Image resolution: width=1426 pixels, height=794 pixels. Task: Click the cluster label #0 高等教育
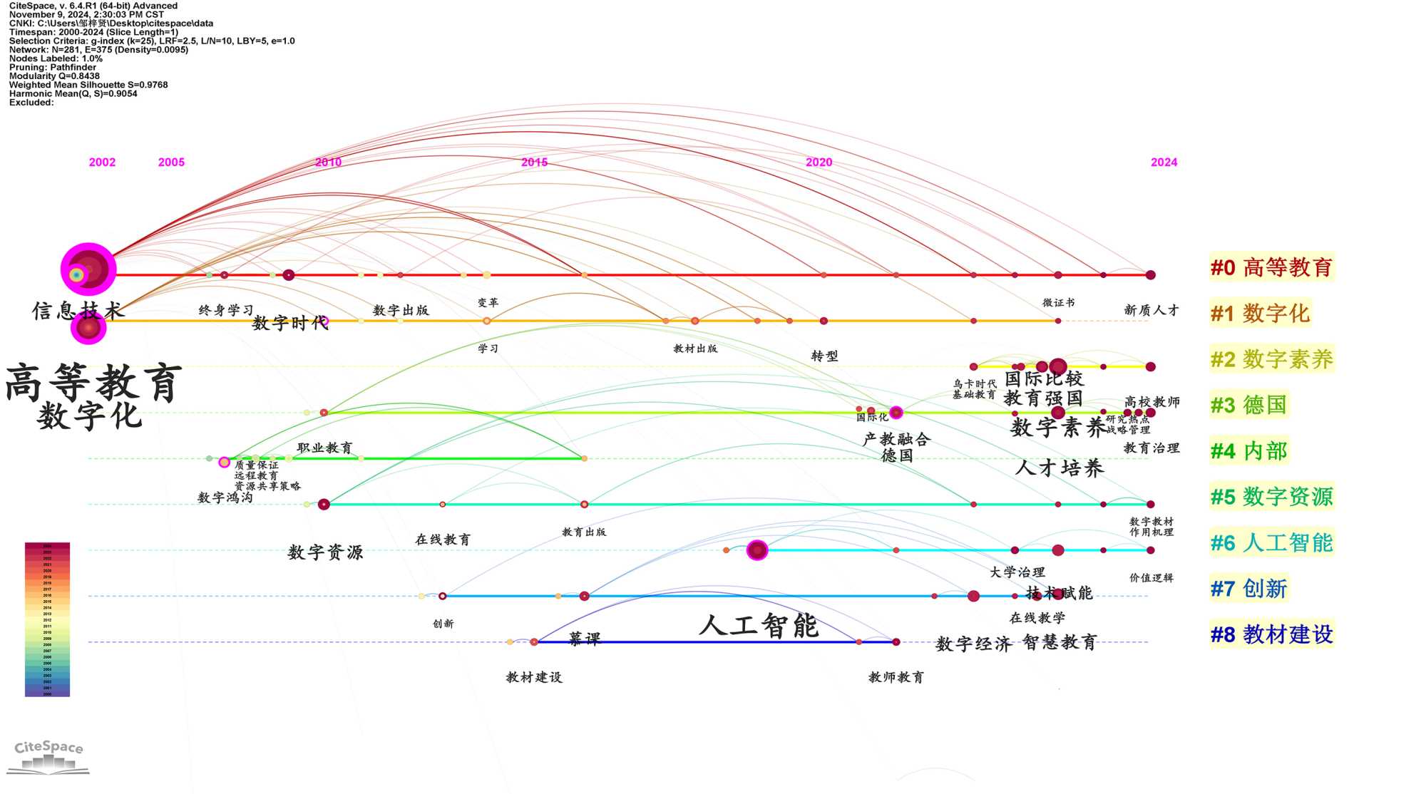(1271, 268)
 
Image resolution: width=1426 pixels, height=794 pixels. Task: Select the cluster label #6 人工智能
(1271, 543)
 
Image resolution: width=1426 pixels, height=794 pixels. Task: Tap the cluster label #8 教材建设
(1271, 634)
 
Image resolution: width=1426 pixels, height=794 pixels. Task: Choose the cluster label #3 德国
(1248, 406)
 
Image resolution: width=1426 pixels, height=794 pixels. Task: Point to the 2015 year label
(534, 163)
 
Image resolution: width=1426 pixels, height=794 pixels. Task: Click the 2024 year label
(1164, 163)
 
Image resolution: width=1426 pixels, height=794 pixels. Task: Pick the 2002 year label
(102, 163)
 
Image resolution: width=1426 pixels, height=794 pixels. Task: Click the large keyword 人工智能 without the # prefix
(759, 627)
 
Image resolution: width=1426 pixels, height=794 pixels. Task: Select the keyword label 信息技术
(78, 311)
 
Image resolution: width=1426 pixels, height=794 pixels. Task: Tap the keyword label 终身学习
(226, 310)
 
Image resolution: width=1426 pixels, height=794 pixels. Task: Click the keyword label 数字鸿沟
(225, 497)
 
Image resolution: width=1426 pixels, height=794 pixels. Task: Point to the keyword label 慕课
(585, 639)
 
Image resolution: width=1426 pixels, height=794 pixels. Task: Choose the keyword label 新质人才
(1151, 310)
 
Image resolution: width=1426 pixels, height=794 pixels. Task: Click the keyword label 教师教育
(896, 677)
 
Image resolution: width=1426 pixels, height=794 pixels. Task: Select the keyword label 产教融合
(896, 439)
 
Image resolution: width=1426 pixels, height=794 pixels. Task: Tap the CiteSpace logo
(48, 756)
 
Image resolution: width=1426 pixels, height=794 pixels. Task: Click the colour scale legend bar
(47, 619)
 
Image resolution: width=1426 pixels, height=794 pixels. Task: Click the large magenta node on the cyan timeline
(757, 550)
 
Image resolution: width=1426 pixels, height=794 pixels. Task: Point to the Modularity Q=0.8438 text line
(54, 76)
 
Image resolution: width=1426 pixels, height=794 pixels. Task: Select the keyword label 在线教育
(443, 540)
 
